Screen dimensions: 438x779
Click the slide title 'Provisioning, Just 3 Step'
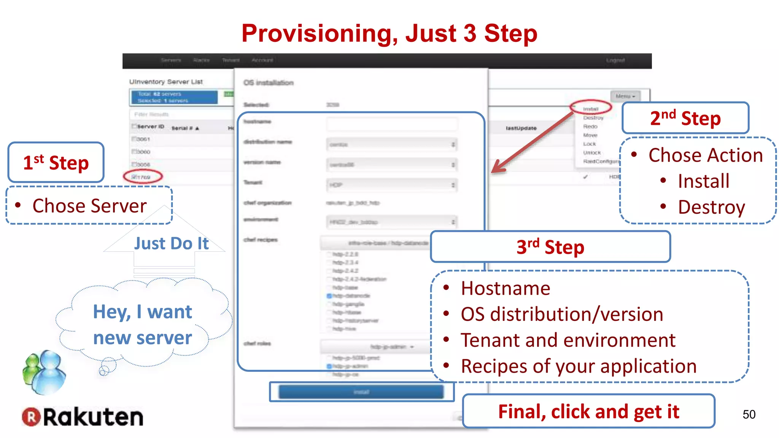pyautogui.click(x=389, y=33)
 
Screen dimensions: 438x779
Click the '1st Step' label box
pyautogui.click(x=56, y=163)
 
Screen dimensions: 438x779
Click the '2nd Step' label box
pyautogui.click(x=685, y=118)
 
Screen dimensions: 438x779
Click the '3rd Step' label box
pyautogui.click(x=550, y=247)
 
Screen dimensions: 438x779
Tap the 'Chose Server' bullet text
pyautogui.click(x=89, y=206)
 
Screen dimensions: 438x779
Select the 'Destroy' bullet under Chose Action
pyautogui.click(x=711, y=208)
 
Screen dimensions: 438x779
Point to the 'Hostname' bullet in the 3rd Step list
pyautogui.click(x=506, y=289)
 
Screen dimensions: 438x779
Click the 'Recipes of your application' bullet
pyautogui.click(x=579, y=367)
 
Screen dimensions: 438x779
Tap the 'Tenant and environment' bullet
pyautogui.click(x=568, y=340)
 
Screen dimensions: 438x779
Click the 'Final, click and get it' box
pyautogui.click(x=588, y=411)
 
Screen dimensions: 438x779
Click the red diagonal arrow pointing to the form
pyautogui.click(x=533, y=143)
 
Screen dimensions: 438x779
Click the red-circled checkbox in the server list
pyautogui.click(x=134, y=177)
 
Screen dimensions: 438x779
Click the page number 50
pyautogui.click(x=749, y=414)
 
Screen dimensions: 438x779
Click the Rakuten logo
pyautogui.click(x=83, y=417)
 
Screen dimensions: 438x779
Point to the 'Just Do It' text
pyautogui.click(x=171, y=244)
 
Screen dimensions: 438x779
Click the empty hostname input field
pyautogui.click(x=392, y=124)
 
